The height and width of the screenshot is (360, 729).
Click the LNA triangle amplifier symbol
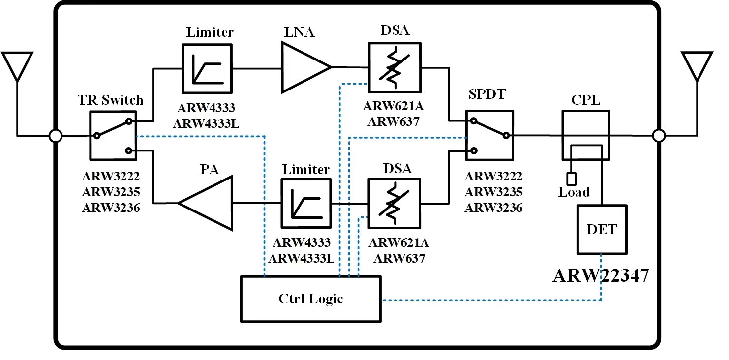click(303, 67)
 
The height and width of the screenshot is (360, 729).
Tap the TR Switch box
click(113, 135)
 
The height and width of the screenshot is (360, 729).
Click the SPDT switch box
click(489, 135)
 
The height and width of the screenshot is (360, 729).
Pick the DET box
click(602, 229)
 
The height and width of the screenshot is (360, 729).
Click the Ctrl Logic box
click(310, 299)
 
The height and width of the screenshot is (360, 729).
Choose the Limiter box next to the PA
click(305, 203)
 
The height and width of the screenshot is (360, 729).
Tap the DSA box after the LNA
click(394, 67)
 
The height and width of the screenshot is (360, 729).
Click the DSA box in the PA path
click(394, 203)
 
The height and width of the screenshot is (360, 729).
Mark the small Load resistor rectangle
click(571, 178)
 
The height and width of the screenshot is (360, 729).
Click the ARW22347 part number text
click(600, 276)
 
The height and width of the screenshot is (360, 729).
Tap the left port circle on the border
click(56, 135)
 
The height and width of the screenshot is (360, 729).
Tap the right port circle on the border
click(658, 135)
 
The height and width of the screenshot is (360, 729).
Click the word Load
click(574, 192)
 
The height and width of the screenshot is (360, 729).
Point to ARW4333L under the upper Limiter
click(207, 124)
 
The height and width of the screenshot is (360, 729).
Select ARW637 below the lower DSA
click(399, 257)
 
